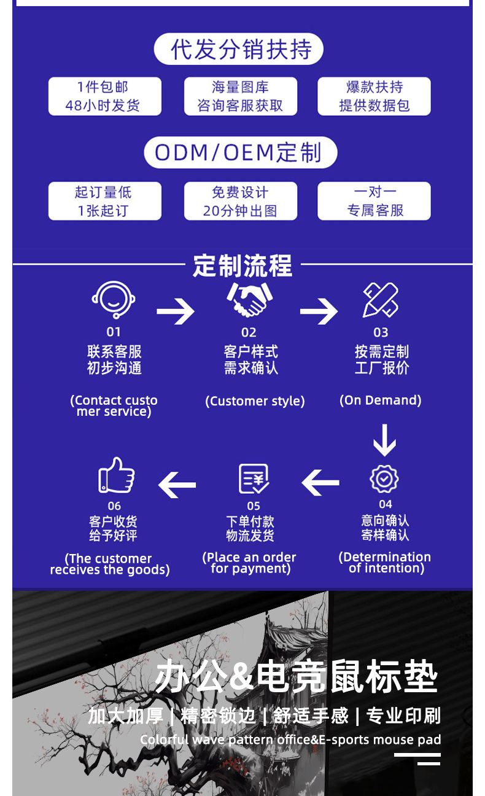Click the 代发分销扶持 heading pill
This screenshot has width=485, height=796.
[239, 49]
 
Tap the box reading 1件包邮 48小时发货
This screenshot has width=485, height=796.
[104, 96]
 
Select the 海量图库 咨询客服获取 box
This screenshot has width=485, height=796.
[240, 96]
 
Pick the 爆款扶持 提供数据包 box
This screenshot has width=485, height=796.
[374, 96]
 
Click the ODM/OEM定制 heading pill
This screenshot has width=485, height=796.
[240, 152]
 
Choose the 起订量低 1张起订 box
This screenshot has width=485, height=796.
[104, 201]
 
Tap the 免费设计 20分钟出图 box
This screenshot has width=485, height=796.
[240, 201]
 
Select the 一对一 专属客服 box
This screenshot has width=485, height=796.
[374, 201]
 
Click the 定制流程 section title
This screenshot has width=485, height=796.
[243, 266]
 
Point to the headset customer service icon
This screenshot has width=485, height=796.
[114, 300]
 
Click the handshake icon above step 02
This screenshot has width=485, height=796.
[249, 299]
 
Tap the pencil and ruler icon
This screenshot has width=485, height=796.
[381, 300]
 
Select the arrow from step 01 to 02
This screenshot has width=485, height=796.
[176, 311]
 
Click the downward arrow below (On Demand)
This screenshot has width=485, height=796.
[384, 440]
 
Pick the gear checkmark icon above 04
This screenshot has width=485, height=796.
[384, 479]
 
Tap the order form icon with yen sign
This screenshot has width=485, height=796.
[254, 479]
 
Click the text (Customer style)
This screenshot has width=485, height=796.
[255, 401]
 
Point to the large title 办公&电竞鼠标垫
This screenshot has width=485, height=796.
[296, 677]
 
